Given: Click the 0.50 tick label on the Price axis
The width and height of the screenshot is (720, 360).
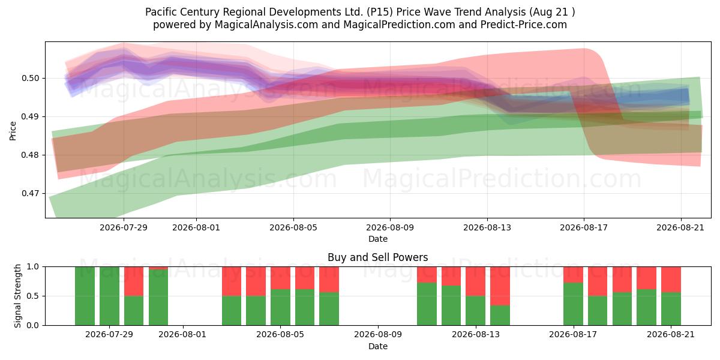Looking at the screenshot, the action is pos(30,79).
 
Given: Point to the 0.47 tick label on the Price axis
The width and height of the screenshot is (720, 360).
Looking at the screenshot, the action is pos(30,193).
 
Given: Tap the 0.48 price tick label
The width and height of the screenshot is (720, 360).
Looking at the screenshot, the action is pos(30,155).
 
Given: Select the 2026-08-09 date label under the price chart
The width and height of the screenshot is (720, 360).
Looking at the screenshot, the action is pos(390,228).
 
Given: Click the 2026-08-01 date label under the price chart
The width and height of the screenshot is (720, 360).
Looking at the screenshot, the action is pos(196,228).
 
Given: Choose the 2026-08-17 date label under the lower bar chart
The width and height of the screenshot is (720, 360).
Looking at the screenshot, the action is pos(573,335).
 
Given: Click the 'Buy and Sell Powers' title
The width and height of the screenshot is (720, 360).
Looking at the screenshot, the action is pos(377,257).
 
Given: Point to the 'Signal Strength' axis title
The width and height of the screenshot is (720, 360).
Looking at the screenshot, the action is pos(17,296).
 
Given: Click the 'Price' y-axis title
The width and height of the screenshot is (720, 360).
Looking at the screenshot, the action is pos(13,131).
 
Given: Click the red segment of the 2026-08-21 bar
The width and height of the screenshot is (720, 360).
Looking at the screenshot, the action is pos(671,280).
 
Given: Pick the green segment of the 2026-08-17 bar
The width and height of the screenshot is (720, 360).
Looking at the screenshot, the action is pos(573,304).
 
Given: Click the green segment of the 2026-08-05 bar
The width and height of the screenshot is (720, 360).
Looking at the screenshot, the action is pos(280,307).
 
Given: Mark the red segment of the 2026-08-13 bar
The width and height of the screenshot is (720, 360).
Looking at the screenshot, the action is pos(475,281).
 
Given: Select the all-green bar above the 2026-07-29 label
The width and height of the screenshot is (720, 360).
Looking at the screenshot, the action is pos(109,296).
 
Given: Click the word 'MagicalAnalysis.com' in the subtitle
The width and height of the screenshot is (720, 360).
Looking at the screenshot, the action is pos(266,25).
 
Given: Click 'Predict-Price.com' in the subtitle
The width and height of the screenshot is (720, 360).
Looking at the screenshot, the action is pos(524,25).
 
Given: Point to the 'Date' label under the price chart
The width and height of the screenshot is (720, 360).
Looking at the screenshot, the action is pos(377,239).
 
